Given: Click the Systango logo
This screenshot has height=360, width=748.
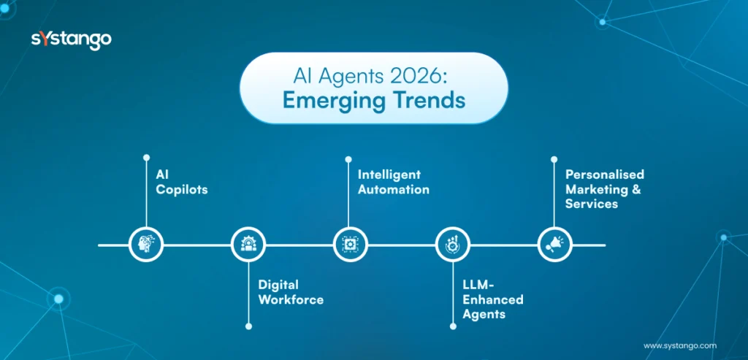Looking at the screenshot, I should [x=71, y=39].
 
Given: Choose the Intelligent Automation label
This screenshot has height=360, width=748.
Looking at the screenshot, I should [x=393, y=182].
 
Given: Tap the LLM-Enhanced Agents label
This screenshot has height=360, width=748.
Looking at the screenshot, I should [x=492, y=299].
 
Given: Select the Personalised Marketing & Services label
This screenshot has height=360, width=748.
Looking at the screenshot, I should [x=604, y=189].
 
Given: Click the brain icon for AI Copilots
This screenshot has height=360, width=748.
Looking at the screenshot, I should [x=146, y=245].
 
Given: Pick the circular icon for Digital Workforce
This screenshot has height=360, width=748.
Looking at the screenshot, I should [x=248, y=245].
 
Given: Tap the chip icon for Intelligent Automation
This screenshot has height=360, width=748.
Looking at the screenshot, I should [x=351, y=245].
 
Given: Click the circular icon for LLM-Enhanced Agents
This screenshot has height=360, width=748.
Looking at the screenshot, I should [x=453, y=245].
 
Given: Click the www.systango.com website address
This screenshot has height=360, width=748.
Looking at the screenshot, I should [x=680, y=345].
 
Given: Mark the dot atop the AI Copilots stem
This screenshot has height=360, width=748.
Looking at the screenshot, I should [x=146, y=157].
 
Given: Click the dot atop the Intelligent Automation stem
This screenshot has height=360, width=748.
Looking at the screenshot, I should [x=348, y=158].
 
